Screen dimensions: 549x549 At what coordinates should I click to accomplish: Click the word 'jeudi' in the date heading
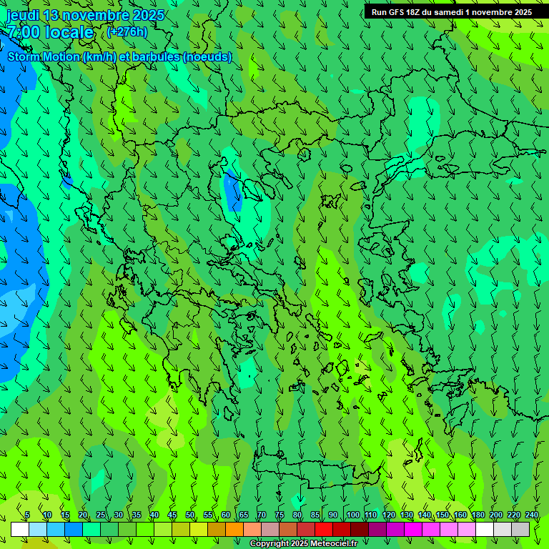coord(22,15)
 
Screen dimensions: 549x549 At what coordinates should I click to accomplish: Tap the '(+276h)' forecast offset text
coord(127,31)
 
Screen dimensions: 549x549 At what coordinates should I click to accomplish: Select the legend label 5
coord(27,515)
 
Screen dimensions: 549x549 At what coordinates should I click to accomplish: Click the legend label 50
coord(190,515)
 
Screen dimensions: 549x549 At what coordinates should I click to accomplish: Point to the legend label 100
coord(352,515)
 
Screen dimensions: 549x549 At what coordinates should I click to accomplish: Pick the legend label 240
coord(532,515)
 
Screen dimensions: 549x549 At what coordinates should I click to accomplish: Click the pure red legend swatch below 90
coord(324,529)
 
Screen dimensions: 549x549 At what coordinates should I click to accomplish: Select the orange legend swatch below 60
coord(217,529)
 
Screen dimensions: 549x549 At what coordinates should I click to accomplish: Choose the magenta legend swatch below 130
coord(413,529)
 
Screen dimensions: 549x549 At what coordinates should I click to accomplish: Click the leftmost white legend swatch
coord(20,529)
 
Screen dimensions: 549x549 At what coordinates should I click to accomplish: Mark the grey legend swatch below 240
coord(520,529)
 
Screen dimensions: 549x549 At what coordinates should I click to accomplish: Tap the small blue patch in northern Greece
coord(232,191)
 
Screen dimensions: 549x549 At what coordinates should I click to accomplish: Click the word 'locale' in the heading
coord(69,32)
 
